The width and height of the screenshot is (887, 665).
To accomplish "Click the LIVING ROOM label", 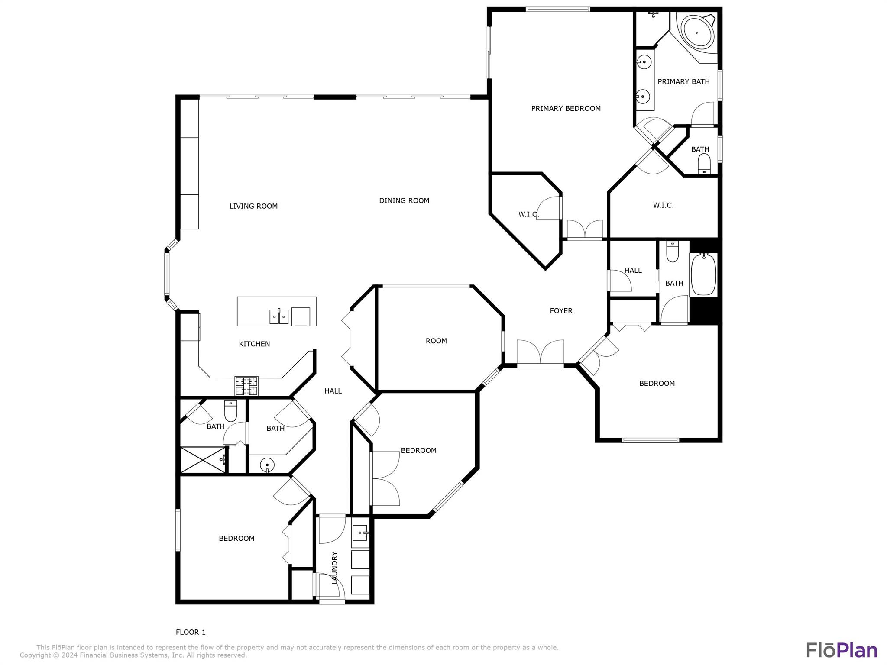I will pyautogui.click(x=253, y=206).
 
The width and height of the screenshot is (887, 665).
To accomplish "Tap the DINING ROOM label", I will pyautogui.click(x=404, y=200).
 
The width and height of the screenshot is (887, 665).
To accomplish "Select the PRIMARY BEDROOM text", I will pyautogui.click(x=566, y=108).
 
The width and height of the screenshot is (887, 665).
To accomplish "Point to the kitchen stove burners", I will pyautogui.click(x=246, y=386).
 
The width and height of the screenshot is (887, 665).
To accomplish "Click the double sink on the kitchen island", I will pyautogui.click(x=279, y=316).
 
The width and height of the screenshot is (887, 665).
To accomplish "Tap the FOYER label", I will pyautogui.click(x=561, y=310).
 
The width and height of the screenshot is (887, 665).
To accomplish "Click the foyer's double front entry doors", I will pyautogui.click(x=541, y=353).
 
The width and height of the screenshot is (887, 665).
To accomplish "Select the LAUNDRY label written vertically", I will pyautogui.click(x=335, y=568).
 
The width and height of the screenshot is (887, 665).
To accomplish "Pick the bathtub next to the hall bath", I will pyautogui.click(x=703, y=275).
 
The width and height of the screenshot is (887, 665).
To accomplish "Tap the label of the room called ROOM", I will pyautogui.click(x=436, y=341).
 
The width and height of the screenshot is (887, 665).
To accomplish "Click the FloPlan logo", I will pyautogui.click(x=842, y=650).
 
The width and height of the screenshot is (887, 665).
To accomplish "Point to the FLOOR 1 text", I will pyautogui.click(x=191, y=632).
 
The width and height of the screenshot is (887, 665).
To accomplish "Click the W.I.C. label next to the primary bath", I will pyautogui.click(x=663, y=205).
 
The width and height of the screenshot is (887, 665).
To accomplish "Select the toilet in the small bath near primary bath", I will pyautogui.click(x=704, y=164).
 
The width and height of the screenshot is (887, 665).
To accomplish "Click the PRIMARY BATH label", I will pyautogui.click(x=683, y=81).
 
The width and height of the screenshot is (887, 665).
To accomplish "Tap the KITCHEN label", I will pyautogui.click(x=254, y=344).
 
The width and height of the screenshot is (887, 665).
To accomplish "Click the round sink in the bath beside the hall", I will pyautogui.click(x=267, y=465).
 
